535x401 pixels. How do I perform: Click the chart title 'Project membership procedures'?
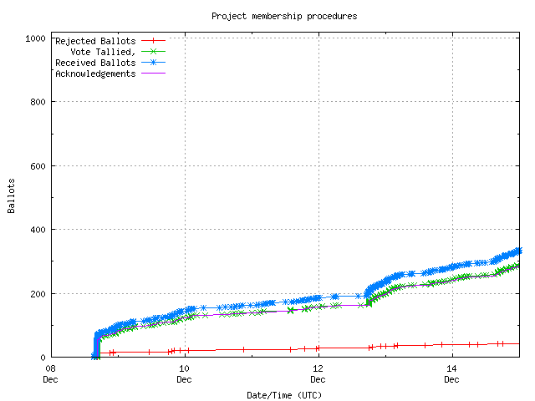pyautogui.click(x=284, y=16)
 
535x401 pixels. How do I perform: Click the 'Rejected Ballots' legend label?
pyautogui.click(x=95, y=41)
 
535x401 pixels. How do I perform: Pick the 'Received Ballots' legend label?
pyautogui.click(x=95, y=63)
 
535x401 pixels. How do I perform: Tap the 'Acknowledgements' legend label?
pyautogui.click(x=95, y=74)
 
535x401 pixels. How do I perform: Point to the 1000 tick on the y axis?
pyautogui.click(x=35, y=38)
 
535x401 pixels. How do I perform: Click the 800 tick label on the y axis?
pyautogui.click(x=38, y=102)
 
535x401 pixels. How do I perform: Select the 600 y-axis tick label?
pyautogui.click(x=38, y=165)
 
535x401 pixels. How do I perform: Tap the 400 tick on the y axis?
pyautogui.click(x=38, y=230)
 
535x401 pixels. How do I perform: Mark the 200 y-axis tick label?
pyautogui.click(x=38, y=293)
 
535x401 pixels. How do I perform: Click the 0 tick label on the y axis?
pyautogui.click(x=43, y=358)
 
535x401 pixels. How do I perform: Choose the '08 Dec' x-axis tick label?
pyautogui.click(x=50, y=373)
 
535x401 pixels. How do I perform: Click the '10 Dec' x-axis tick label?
pyautogui.click(x=184, y=373)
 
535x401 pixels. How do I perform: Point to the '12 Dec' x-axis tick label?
pyautogui.click(x=318, y=373)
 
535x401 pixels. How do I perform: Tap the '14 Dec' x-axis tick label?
pyautogui.click(x=451, y=373)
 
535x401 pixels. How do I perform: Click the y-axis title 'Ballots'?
pyautogui.click(x=13, y=195)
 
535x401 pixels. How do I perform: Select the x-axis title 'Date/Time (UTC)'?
pyautogui.click(x=284, y=394)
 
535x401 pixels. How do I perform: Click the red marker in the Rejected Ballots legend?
pyautogui.click(x=153, y=41)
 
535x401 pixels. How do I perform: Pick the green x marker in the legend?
pyautogui.click(x=153, y=52)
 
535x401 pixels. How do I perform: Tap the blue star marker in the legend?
pyautogui.click(x=153, y=63)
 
